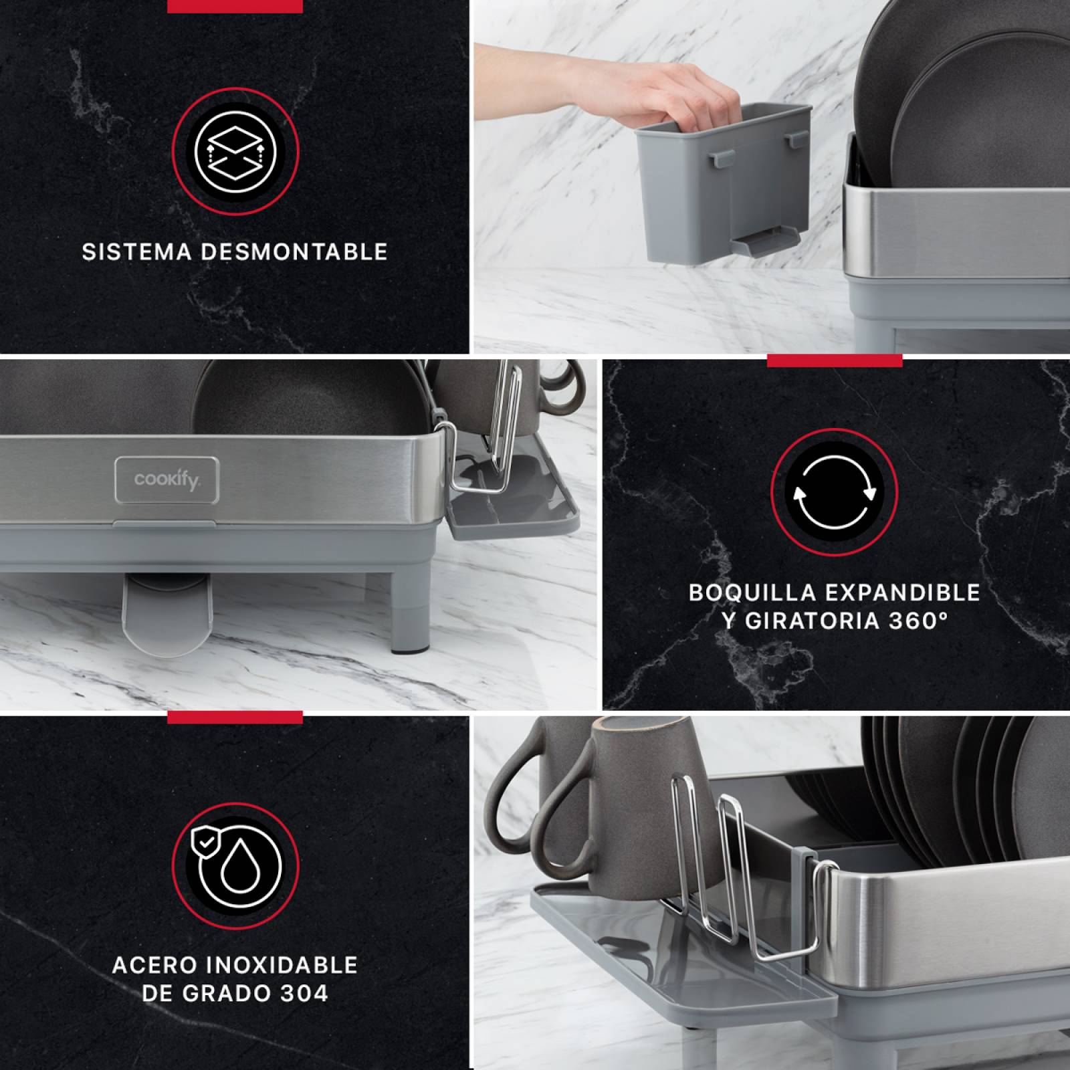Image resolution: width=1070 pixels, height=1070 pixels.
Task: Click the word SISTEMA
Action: tap(137, 252)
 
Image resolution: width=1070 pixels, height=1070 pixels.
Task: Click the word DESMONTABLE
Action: tap(294, 252)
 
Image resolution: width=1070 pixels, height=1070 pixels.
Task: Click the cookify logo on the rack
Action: tap(167, 479)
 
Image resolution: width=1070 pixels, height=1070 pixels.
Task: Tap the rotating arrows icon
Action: tap(834, 492)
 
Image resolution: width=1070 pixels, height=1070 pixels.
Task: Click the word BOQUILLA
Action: tap(753, 593)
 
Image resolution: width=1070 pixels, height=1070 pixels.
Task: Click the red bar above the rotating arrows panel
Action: tap(834, 361)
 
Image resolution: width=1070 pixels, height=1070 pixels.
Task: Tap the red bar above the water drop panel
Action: tap(235, 717)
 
